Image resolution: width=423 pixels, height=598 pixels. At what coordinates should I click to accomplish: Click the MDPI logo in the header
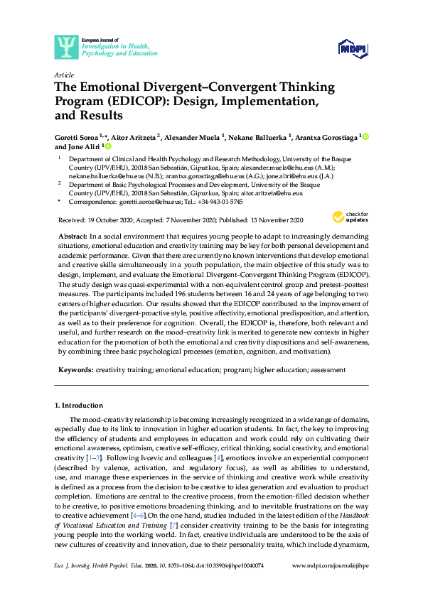pyautogui.click(x=351, y=47)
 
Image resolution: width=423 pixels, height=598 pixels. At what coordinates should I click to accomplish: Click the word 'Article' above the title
pyautogui.click(x=63, y=74)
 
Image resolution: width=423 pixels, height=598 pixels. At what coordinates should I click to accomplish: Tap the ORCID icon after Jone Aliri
pyautogui.click(x=108, y=146)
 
